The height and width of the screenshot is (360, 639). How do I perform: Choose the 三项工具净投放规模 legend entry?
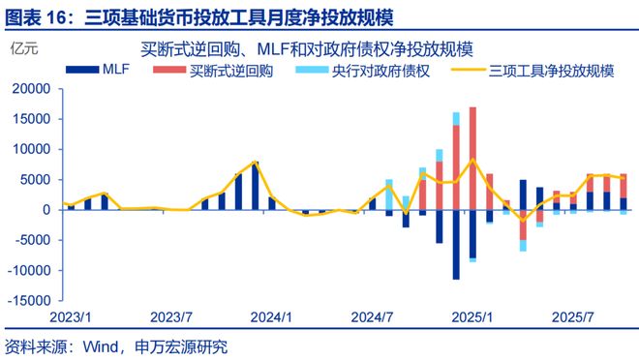(x=538, y=70)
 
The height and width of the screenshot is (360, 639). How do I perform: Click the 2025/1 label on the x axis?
(x=473, y=316)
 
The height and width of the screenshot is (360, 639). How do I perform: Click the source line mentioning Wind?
(x=116, y=345)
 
